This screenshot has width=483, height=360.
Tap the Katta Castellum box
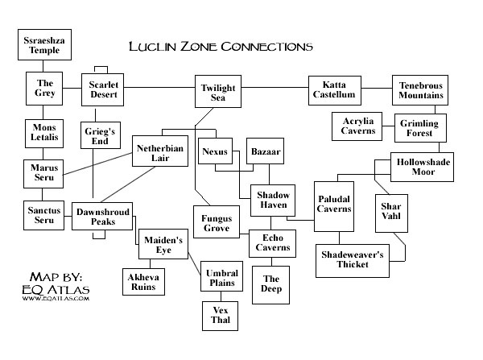[x=332, y=89]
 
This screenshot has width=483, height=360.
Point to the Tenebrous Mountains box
[x=419, y=89]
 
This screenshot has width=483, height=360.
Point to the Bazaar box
[x=265, y=151]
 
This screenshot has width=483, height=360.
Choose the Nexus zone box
[x=216, y=151]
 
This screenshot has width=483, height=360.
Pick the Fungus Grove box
[x=216, y=222]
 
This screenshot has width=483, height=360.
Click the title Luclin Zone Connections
[x=221, y=46]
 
